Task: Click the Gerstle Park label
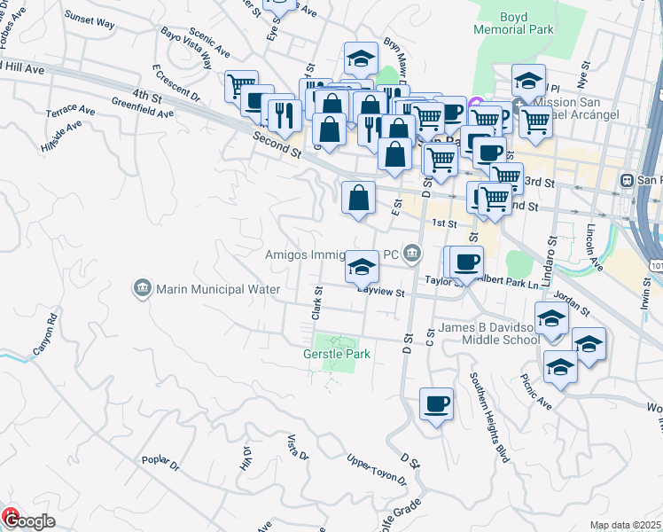[x=332, y=354]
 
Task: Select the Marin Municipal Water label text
[x=218, y=289]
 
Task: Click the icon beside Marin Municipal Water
[x=142, y=288]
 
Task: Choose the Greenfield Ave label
[x=143, y=113]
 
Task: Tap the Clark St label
[x=316, y=302]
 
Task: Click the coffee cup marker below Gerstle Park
[x=436, y=404]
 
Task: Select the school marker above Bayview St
[x=362, y=265]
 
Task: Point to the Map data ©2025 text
[x=625, y=525]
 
